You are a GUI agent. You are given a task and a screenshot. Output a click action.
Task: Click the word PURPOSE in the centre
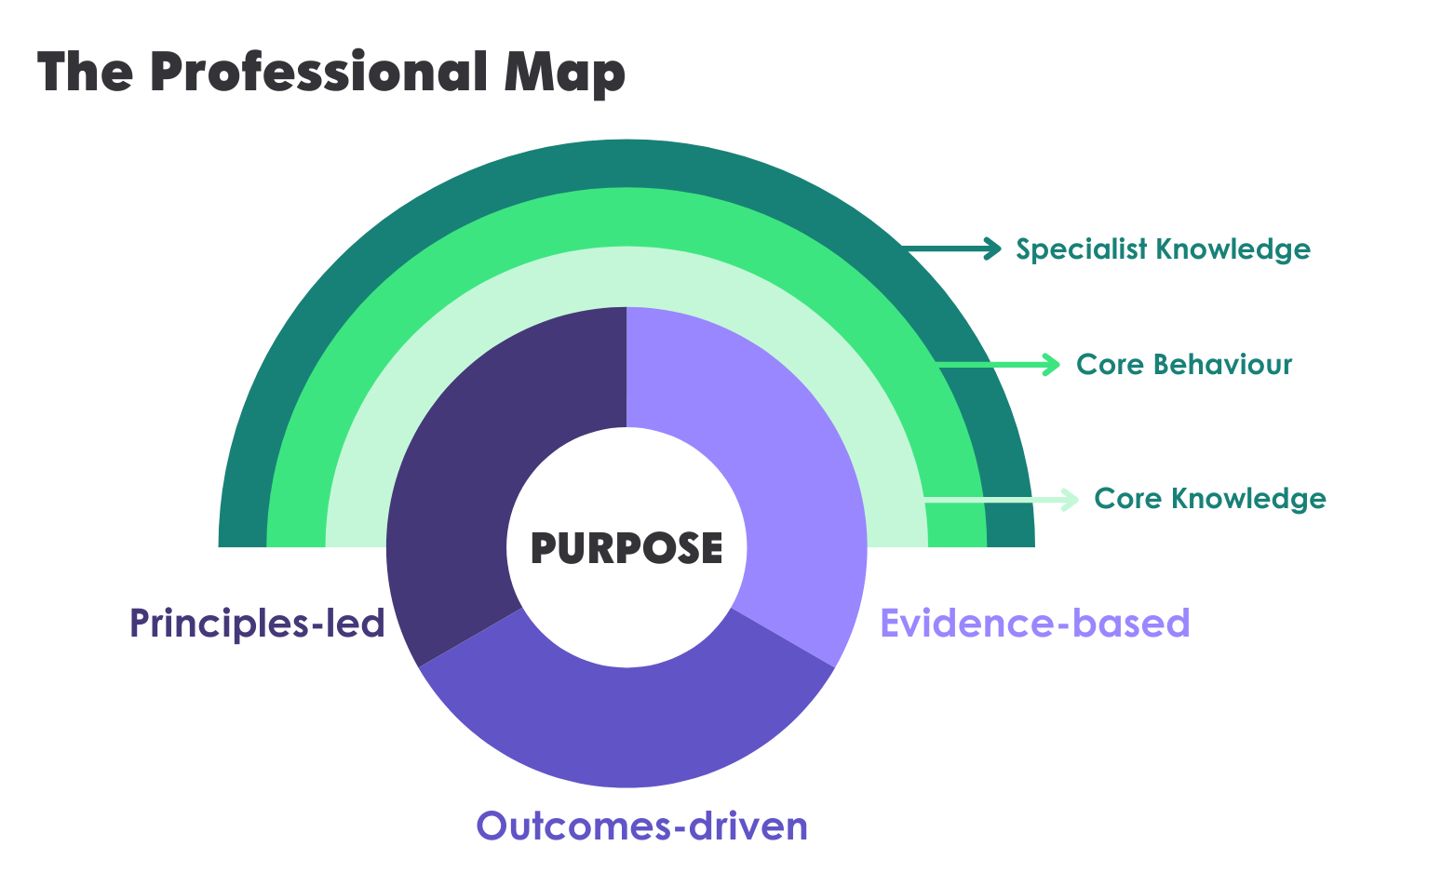click(626, 548)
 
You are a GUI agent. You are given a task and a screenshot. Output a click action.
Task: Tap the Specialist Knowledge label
click(1163, 249)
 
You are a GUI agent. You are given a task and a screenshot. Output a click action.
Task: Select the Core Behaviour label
click(1183, 364)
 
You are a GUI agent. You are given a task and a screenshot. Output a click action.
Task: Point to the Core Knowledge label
click(1209, 499)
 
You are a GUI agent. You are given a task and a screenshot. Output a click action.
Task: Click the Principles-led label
click(257, 623)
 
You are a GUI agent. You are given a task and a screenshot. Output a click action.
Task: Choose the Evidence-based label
click(1034, 623)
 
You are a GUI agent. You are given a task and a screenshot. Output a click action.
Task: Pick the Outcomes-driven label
click(641, 826)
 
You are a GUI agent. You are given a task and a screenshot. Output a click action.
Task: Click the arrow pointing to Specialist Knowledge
click(953, 248)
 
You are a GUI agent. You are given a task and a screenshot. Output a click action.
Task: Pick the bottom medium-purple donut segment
click(626, 726)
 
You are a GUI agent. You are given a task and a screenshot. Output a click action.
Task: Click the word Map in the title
click(564, 72)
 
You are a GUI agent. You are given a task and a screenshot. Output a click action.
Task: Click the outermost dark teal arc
click(626, 163)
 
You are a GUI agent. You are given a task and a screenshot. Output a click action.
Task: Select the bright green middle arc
click(626, 216)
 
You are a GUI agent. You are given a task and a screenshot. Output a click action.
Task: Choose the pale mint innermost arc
click(626, 276)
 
